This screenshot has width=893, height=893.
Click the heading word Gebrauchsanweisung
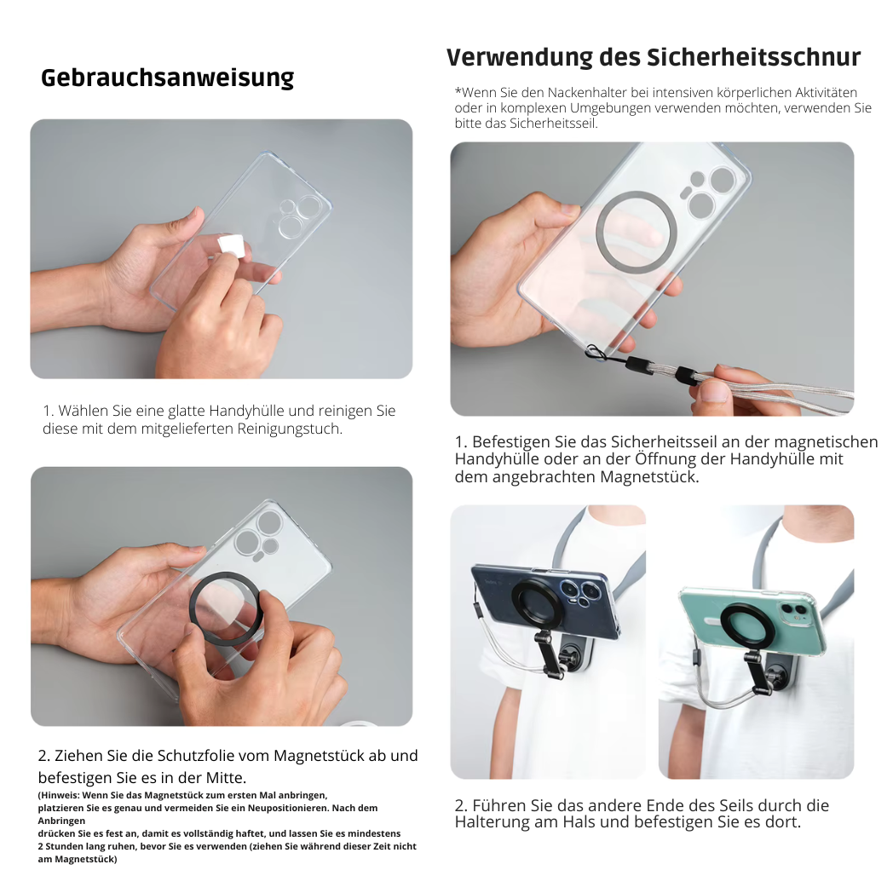click(167, 78)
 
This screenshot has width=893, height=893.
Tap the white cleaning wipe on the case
click(230, 245)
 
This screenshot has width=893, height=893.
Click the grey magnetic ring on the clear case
click(636, 232)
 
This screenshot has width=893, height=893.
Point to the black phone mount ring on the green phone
click(747, 629)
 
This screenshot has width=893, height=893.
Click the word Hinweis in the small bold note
click(61, 794)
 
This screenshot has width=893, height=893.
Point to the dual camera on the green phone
click(792, 611)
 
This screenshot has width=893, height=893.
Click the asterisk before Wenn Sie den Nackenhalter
click(458, 92)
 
